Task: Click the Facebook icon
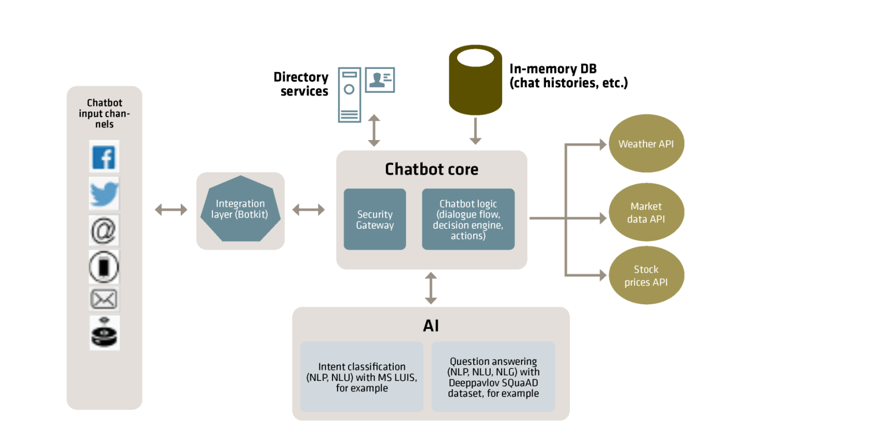coord(104,157)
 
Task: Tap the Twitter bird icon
coord(104,194)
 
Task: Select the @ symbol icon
coord(104,230)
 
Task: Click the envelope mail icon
coord(104,299)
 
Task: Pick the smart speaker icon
coord(104,333)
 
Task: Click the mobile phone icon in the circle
coord(104,267)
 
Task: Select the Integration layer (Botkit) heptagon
coord(240,209)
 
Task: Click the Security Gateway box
coord(374,219)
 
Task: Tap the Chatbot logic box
coord(468,219)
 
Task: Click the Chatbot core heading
coord(431,169)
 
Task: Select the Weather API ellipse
coord(646,144)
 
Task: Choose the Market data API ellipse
coord(646,212)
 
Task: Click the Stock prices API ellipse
coord(646,275)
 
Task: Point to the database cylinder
coord(475,80)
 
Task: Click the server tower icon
coord(349,95)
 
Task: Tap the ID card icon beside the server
coord(380,80)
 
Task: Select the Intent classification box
coord(362,377)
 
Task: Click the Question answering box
coord(493,377)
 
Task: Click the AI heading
coord(431,326)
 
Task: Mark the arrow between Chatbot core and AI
coord(431,288)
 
